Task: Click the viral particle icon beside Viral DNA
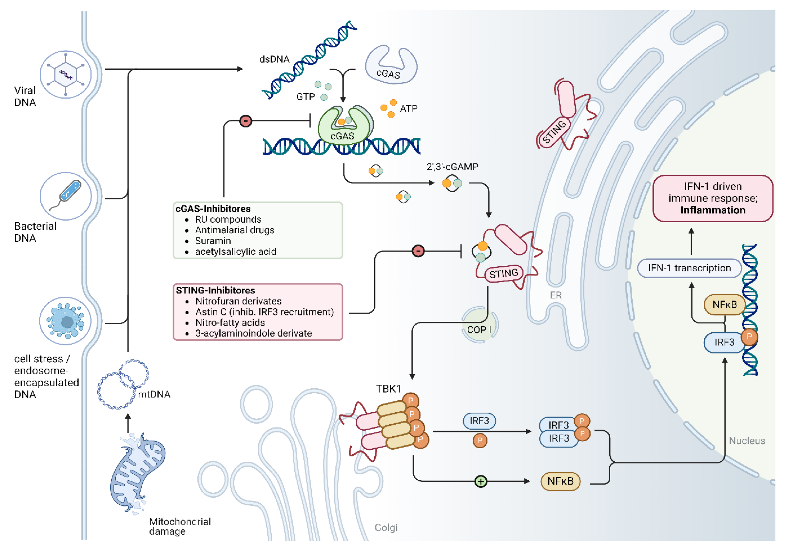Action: [65, 74]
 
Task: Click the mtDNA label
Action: [154, 394]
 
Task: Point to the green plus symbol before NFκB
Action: [481, 481]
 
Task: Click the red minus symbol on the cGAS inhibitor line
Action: [245, 121]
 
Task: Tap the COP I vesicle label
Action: [479, 330]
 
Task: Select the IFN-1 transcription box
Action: [689, 268]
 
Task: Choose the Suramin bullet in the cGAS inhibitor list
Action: [213, 241]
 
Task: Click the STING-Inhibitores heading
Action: [215, 290]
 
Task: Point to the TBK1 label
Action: [388, 389]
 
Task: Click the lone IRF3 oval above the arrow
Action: [479, 421]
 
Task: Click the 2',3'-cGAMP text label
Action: [452, 167]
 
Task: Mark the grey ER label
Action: [556, 295]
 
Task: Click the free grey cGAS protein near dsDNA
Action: [391, 66]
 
